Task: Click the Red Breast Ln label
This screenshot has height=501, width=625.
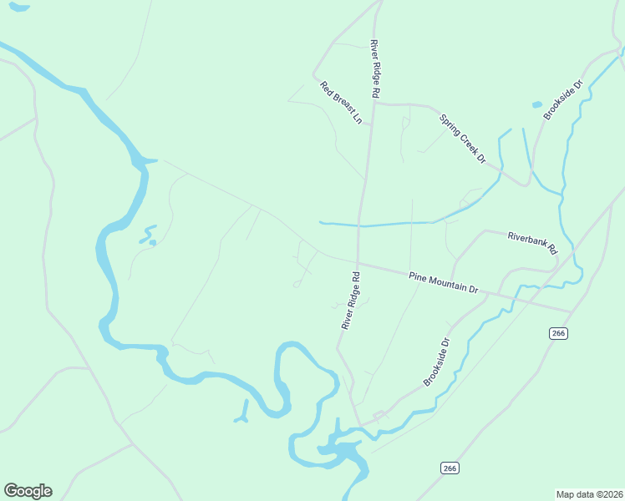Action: pos(341,103)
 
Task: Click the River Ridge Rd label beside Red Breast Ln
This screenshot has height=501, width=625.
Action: pos(374,69)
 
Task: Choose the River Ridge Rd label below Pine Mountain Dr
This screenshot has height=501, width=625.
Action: pos(350,300)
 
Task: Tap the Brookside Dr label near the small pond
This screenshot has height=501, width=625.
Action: pos(562,100)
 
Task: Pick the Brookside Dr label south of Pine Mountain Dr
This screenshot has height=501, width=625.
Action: pos(437,362)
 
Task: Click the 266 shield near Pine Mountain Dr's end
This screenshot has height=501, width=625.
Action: pos(559,333)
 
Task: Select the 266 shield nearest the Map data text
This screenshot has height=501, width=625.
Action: pos(450,468)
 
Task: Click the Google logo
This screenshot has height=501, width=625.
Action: pos(28,491)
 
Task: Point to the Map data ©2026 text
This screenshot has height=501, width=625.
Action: pos(588,494)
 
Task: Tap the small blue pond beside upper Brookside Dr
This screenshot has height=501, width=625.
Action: pos(536,105)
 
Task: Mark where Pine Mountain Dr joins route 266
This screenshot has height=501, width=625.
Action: pos(571,311)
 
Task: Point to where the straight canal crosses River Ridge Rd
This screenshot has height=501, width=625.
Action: pos(360,224)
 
